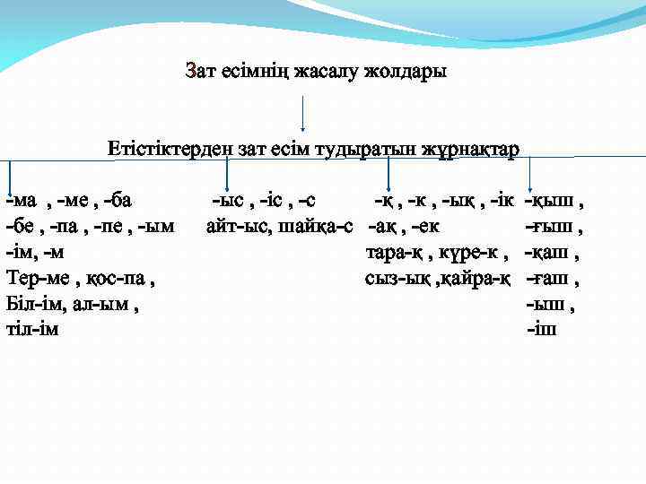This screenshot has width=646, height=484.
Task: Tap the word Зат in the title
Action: point(200,71)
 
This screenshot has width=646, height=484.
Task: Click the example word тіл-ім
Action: point(32,330)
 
